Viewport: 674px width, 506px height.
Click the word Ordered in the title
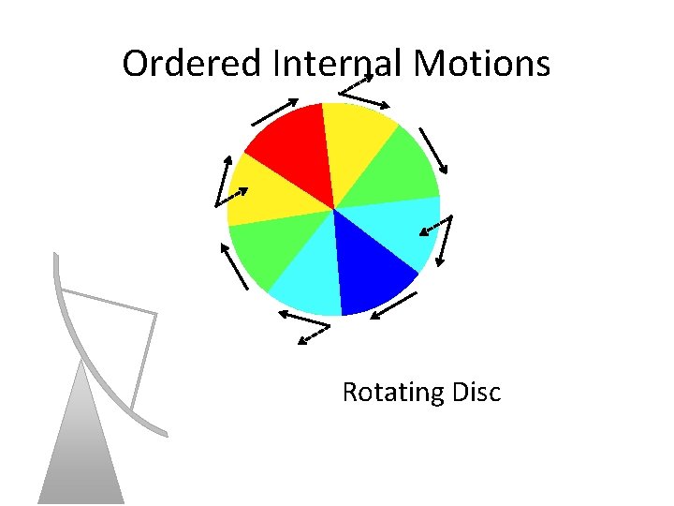[193, 64]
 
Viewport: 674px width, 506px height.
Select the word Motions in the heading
[481, 64]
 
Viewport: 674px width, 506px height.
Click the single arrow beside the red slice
[274, 112]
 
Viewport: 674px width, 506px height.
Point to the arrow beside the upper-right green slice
[432, 150]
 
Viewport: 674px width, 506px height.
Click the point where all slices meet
[334, 209]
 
